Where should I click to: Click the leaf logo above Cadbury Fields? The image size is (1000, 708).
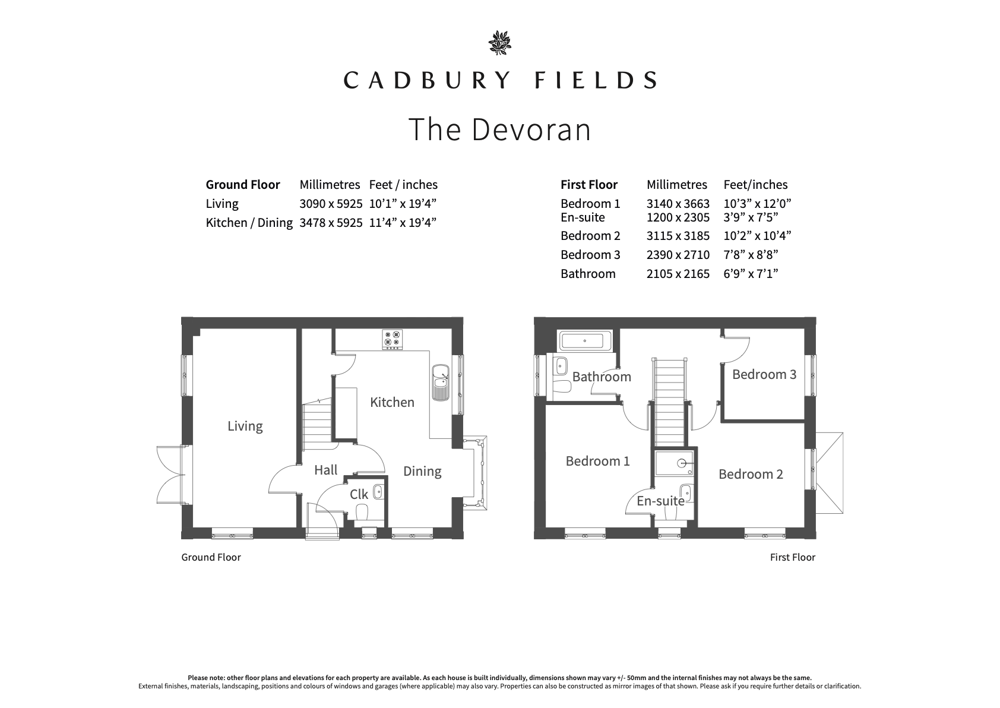coord(499,43)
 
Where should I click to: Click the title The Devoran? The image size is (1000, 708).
coord(499,129)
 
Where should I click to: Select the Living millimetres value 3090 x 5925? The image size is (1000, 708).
coord(331,204)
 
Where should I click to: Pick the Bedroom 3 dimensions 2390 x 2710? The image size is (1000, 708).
coord(678,254)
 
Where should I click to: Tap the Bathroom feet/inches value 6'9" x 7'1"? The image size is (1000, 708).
coord(751,273)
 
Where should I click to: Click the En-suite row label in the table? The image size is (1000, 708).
coord(583,217)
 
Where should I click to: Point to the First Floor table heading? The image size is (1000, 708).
coord(589,184)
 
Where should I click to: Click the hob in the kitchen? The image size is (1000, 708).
coord(392,339)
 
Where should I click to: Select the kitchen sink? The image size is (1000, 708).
coord(440,383)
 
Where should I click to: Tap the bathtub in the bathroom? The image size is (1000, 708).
coord(585,341)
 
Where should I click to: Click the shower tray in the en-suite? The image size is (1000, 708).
coord(675,463)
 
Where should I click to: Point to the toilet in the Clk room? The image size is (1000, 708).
coord(362,512)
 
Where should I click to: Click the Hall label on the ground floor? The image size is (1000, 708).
coord(325,470)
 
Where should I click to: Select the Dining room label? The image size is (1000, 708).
coord(422,472)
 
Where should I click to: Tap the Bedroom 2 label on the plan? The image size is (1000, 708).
coord(751,473)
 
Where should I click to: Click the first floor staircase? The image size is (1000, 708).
coord(669,402)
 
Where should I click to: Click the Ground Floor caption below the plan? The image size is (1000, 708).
coord(211,557)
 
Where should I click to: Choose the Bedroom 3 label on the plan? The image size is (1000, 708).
coord(764,374)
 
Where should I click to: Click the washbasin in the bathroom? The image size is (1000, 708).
coord(561,366)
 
